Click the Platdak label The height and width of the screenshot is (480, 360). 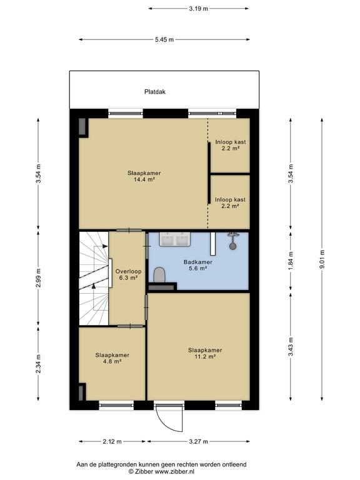(x=155, y=91)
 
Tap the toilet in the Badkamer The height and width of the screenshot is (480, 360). (x=159, y=274)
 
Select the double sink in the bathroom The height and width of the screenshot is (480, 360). (x=174, y=239)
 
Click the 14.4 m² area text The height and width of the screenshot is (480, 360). (x=144, y=180)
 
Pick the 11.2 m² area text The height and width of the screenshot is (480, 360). (x=205, y=357)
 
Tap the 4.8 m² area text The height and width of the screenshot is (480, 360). (x=112, y=361)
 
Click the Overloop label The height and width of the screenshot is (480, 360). (x=128, y=271)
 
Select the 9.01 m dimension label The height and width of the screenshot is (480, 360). (x=322, y=259)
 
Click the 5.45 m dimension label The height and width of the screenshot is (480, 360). (x=164, y=39)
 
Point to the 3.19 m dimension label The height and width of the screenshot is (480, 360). (x=198, y=9)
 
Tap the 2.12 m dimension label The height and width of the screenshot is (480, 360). (x=112, y=441)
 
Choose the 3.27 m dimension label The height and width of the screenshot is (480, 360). (x=198, y=441)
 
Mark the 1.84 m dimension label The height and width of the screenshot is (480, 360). (x=291, y=261)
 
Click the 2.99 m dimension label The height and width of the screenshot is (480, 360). (x=38, y=278)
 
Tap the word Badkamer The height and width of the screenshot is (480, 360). (x=197, y=262)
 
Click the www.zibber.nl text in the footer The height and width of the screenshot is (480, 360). (x=174, y=472)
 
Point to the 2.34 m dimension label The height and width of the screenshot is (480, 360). (x=38, y=364)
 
